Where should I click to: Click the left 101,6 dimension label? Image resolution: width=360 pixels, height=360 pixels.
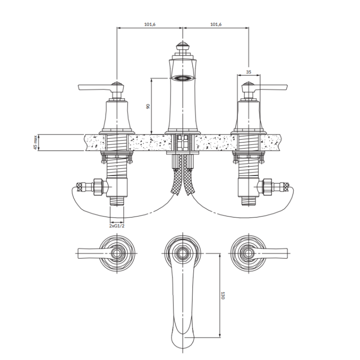[x=149, y=24]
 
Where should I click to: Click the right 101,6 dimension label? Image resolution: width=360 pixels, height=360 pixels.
[x=216, y=24]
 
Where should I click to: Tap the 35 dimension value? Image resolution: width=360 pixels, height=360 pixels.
[x=248, y=72]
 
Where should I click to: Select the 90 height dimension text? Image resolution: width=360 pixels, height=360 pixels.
[x=148, y=106]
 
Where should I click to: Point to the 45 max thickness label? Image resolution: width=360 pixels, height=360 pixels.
[x=35, y=142]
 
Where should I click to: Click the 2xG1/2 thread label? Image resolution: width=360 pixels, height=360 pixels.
[x=116, y=226]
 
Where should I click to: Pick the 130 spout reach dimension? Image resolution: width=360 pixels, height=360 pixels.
[x=222, y=295]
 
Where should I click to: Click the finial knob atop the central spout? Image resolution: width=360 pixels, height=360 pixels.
[x=183, y=46]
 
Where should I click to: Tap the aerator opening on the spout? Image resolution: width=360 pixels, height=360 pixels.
[x=183, y=78]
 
